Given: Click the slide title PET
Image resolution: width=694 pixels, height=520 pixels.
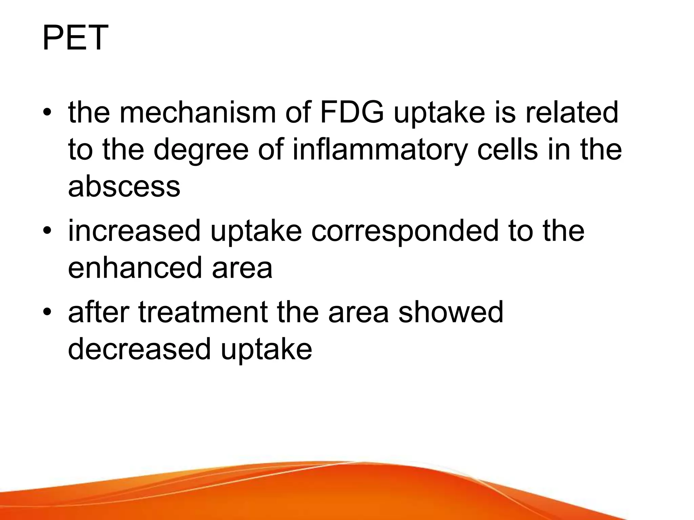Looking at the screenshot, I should [75, 38].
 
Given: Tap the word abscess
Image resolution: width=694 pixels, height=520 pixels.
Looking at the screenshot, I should [124, 187].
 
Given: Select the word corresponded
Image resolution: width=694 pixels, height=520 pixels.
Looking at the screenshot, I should [405, 231].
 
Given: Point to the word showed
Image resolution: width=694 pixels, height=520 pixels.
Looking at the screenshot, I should [451, 312].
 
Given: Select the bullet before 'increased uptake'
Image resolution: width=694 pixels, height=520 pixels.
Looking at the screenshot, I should [47, 232].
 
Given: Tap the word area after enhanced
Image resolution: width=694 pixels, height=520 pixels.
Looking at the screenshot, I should [242, 268].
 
